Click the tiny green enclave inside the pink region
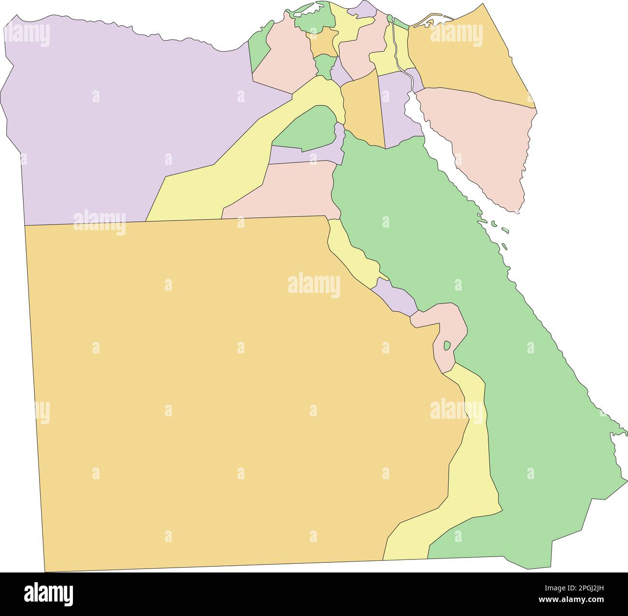(x=447, y=345)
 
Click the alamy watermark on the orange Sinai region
(x=456, y=35)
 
